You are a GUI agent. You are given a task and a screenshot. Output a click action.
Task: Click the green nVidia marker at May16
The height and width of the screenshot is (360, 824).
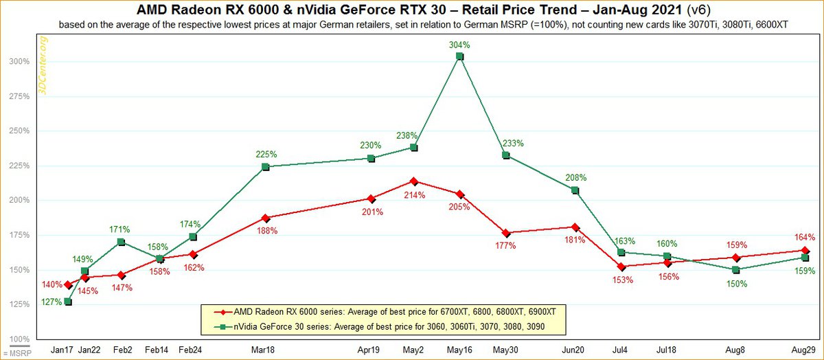tap(460, 56)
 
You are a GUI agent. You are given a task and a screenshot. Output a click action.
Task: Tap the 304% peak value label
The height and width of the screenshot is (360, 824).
tap(460, 45)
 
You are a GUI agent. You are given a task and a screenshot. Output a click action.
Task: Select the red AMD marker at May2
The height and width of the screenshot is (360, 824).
tap(414, 181)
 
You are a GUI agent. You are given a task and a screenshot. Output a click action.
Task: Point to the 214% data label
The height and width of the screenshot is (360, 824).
tap(414, 194)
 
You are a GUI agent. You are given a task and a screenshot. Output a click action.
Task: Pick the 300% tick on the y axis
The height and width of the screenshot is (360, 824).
tap(19, 61)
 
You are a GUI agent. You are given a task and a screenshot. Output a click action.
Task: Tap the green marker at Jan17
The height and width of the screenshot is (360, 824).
tap(68, 302)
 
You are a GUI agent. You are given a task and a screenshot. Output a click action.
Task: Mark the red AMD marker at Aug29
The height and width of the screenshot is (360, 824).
tap(805, 250)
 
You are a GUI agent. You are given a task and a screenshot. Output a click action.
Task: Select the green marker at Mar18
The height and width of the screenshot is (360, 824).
tap(266, 167)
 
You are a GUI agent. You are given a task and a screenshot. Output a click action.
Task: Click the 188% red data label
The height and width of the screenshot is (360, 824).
tap(266, 231)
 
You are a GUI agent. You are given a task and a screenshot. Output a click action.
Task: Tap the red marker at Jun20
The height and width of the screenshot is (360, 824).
tap(575, 227)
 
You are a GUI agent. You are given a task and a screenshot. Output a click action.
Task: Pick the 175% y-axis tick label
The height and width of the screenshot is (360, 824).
tap(19, 235)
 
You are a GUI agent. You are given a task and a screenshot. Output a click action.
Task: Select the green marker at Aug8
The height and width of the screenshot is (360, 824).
tap(736, 270)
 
